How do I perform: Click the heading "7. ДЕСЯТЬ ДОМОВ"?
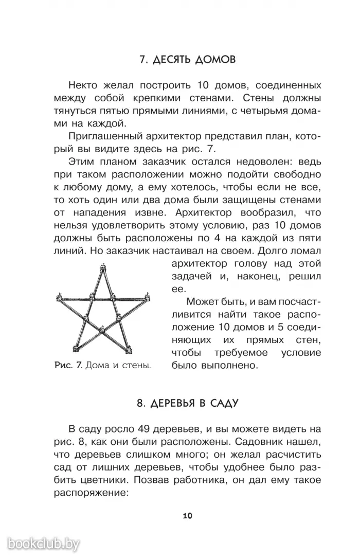pos(188,60)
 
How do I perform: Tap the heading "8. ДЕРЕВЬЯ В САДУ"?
pos(188,403)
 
